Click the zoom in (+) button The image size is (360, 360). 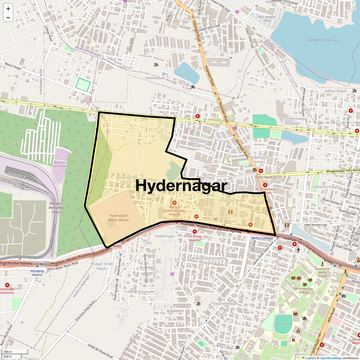pos(8,9)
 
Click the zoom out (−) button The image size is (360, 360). pos(8,18)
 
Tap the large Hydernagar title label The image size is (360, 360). pos(181,186)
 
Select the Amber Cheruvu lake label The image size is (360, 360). pos(323,40)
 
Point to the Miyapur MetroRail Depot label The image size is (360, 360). pos(56,208)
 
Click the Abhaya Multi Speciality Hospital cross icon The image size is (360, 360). pos(174,202)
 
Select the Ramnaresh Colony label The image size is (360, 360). pos(126,180)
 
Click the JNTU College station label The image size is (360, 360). pos(262,238)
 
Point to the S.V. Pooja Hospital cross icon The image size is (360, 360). pos(195,232)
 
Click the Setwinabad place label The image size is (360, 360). pos(154,78)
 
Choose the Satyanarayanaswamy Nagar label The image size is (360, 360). pos(208,260)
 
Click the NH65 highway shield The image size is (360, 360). pos(117,246)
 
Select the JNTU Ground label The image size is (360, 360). pos(283,324)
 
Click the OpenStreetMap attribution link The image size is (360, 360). pos(330,358)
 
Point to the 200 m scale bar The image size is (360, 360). pos(15,352)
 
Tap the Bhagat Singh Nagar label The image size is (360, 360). pos(102,266)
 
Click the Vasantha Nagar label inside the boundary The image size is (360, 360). pos(232,200)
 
